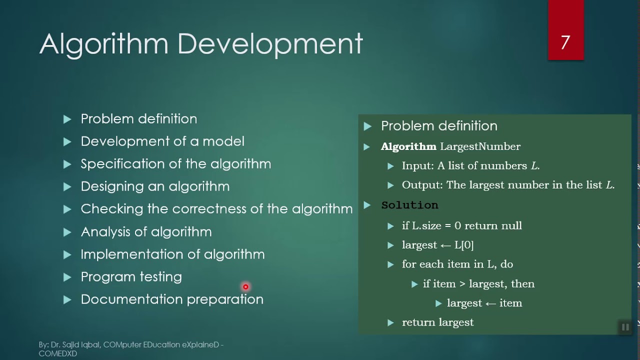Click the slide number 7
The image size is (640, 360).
point(565,42)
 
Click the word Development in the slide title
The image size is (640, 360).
point(270,44)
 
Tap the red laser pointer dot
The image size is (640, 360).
point(245,286)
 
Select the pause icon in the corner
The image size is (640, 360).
point(625,327)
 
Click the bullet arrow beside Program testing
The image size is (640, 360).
point(67,277)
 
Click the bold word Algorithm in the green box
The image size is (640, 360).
point(408,146)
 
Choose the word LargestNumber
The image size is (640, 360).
point(480,146)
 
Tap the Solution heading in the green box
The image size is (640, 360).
point(409,205)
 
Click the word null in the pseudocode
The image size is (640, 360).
point(511,225)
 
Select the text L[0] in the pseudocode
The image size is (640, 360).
point(464,245)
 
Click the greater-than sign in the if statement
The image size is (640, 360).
point(462,283)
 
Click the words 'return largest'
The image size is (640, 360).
point(437,322)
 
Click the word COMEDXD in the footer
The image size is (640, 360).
point(58,353)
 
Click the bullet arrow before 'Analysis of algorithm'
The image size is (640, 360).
point(67,232)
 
